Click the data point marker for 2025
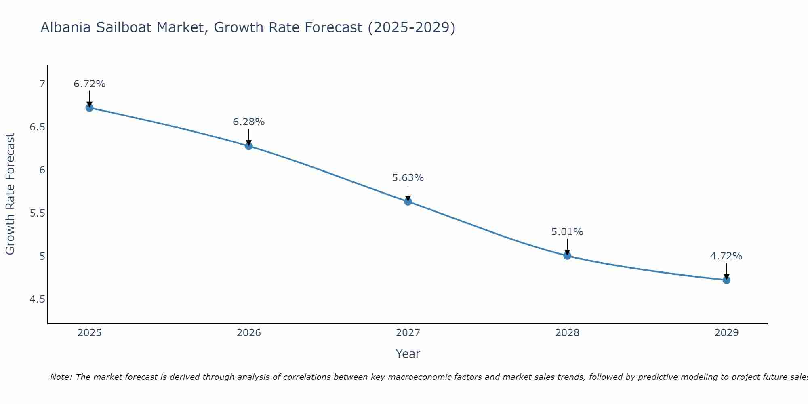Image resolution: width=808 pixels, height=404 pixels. click(90, 107)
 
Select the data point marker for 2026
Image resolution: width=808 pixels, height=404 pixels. click(249, 146)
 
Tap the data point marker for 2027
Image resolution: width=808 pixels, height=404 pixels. click(408, 201)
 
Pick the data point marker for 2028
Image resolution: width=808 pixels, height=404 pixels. click(567, 255)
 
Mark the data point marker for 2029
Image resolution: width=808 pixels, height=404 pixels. click(726, 280)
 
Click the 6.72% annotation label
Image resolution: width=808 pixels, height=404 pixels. click(90, 84)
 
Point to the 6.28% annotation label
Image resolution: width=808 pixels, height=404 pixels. click(249, 122)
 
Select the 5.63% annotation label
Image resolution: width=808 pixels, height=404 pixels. click(408, 178)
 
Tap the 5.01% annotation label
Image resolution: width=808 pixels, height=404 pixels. click(567, 232)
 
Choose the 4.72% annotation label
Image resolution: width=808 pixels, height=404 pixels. click(726, 256)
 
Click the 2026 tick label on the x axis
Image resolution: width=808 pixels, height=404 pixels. click(249, 333)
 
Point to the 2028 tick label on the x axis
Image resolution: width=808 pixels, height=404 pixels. click(567, 333)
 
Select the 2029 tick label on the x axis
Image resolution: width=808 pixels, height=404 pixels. click(726, 333)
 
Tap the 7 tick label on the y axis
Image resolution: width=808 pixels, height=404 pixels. click(42, 84)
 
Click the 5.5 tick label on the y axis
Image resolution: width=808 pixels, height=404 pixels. click(38, 213)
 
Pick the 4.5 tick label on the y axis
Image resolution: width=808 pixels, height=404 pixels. click(38, 299)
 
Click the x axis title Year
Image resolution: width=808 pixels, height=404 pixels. click(408, 354)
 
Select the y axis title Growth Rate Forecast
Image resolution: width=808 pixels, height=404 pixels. click(10, 194)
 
